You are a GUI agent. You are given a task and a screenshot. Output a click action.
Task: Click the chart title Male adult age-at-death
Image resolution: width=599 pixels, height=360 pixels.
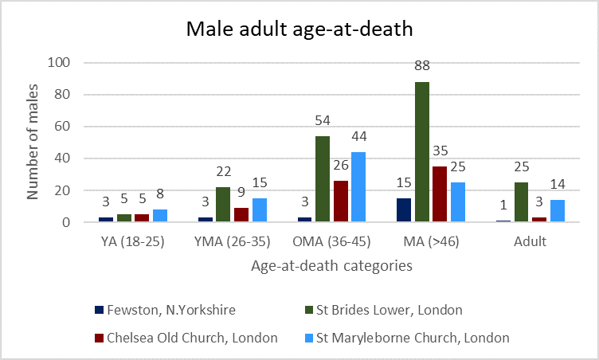(x=299, y=30)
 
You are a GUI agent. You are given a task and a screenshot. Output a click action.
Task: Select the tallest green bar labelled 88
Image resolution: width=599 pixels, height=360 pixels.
(x=421, y=152)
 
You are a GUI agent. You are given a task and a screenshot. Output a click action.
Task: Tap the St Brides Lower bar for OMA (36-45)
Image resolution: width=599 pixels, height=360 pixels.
(x=322, y=179)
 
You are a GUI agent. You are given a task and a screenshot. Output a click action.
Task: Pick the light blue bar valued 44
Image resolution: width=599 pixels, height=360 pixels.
(x=358, y=187)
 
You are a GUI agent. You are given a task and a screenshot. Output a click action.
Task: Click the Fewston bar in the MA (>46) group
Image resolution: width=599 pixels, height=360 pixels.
(x=402, y=210)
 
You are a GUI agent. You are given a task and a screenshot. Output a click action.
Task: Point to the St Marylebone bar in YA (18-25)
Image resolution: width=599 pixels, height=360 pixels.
(x=159, y=216)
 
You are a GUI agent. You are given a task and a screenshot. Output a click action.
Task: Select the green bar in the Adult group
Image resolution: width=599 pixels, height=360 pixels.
(x=522, y=202)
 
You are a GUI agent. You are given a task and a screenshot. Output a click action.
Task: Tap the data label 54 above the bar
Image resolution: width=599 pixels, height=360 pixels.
(x=322, y=124)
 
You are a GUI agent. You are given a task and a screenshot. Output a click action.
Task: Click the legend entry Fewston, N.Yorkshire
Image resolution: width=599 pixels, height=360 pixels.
(x=187, y=310)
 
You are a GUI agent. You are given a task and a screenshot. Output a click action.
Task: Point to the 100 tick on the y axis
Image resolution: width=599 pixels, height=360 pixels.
(x=60, y=63)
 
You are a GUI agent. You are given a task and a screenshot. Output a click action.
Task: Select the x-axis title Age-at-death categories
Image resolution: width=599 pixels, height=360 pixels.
(x=331, y=267)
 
